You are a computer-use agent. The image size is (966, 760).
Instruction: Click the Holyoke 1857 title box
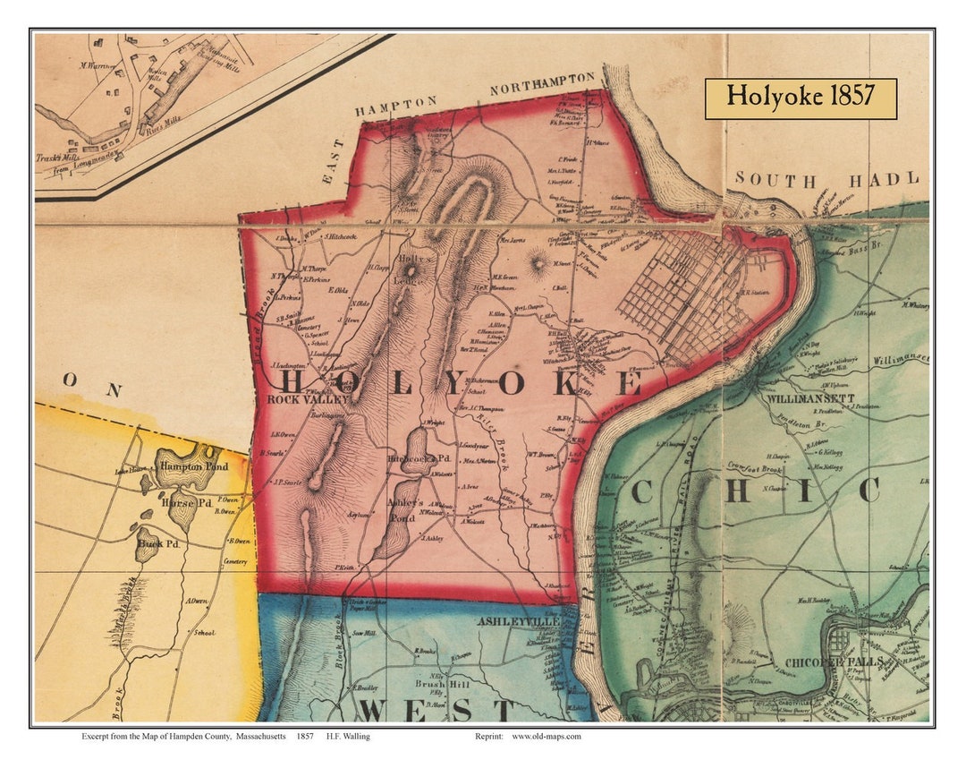[x=801, y=98]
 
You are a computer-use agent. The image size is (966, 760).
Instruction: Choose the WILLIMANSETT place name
[x=810, y=397]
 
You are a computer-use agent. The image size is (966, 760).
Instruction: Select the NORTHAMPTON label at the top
[x=542, y=84]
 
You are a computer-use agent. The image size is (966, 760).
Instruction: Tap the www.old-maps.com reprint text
[x=547, y=736]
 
